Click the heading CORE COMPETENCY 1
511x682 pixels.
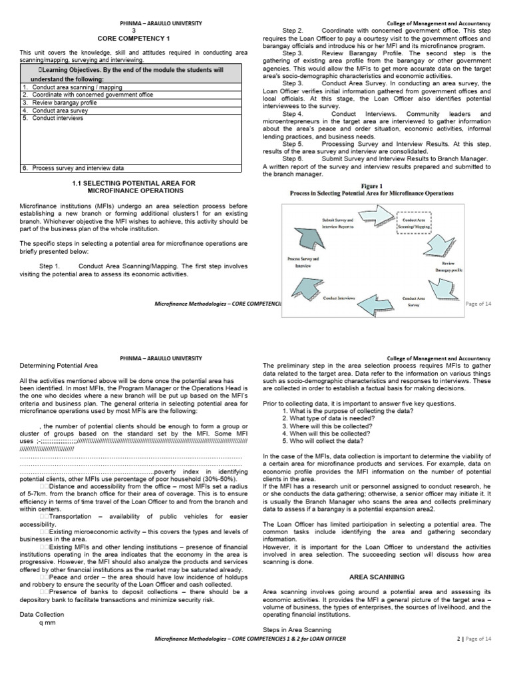click(134, 39)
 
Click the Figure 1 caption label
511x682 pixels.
click(372, 186)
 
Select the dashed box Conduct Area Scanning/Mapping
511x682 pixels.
click(414, 222)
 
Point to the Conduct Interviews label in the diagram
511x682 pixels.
click(339, 298)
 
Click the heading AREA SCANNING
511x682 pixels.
click(377, 577)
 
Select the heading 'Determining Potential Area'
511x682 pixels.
click(59, 366)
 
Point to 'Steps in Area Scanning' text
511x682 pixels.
click(297, 629)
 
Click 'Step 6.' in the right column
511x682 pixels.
click(293, 159)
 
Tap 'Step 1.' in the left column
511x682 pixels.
click(50, 266)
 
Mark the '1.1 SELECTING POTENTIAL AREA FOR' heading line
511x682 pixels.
click(134, 182)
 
